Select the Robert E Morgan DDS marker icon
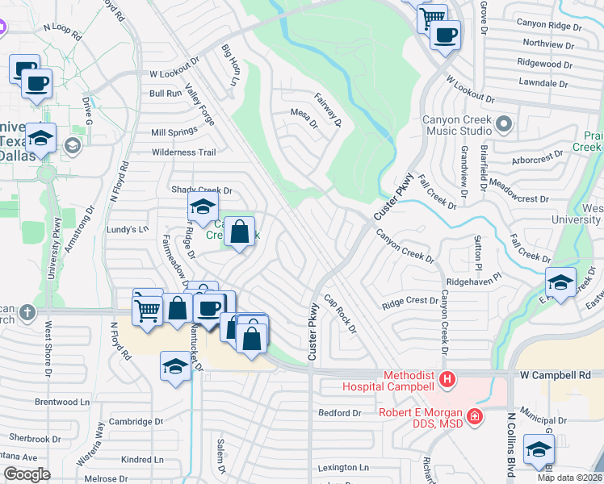pyautogui.click(x=476, y=416)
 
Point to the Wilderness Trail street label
pyautogui.click(x=184, y=152)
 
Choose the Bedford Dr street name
pyautogui.click(x=340, y=413)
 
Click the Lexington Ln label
pyautogui.click(x=342, y=467)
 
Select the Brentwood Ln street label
pyautogui.click(x=61, y=402)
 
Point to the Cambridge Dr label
pyautogui.click(x=136, y=421)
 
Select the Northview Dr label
pyautogui.click(x=549, y=44)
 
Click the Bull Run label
pyautogui.click(x=166, y=94)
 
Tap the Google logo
pyautogui.click(x=27, y=474)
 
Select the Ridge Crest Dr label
pyautogui.click(x=409, y=302)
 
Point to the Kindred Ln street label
pyautogui.click(x=141, y=460)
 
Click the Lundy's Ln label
pyautogui.click(x=128, y=229)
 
